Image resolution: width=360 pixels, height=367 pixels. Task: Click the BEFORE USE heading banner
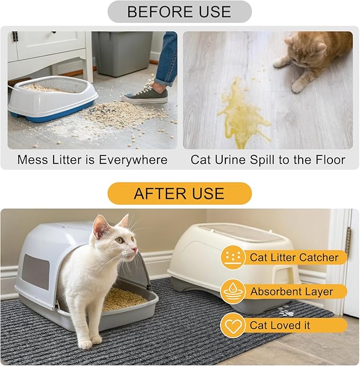coord(179,12)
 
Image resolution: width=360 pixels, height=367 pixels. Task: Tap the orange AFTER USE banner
coord(179,194)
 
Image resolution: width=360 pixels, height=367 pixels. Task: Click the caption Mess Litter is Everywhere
coord(92,160)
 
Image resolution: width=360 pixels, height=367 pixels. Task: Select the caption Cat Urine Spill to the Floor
coord(268,160)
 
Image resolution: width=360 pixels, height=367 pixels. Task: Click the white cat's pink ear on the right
coord(123,222)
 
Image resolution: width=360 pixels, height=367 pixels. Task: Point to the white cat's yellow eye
coord(119,240)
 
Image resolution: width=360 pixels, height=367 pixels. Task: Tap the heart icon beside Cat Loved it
coord(233,325)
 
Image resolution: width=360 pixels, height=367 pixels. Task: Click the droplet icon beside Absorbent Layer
coord(233,292)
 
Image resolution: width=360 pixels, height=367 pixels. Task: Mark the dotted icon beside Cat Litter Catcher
coord(233,258)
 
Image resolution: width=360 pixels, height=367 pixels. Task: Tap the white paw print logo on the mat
coord(287,313)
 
